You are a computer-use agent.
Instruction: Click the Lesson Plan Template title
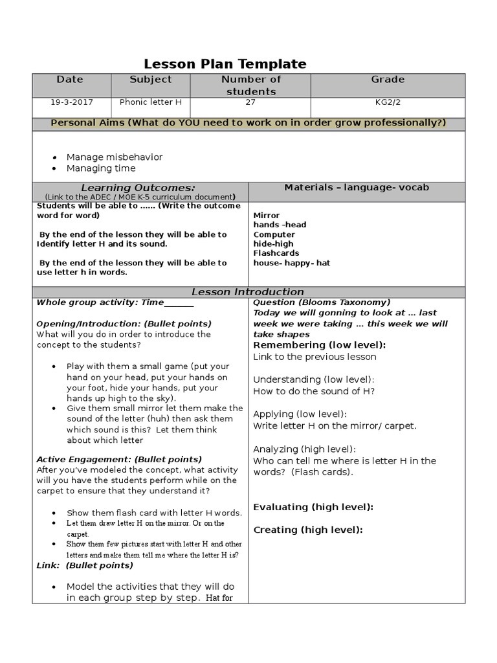pyautogui.click(x=225, y=63)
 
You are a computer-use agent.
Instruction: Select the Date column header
pyautogui.click(x=70, y=80)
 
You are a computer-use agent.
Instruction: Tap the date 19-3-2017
pyautogui.click(x=71, y=102)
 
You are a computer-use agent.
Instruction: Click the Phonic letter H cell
pyautogui.click(x=151, y=102)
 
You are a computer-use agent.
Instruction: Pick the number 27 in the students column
pyautogui.click(x=250, y=102)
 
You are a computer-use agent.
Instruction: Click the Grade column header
pyautogui.click(x=388, y=80)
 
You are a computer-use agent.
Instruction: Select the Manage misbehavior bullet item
pyautogui.click(x=115, y=157)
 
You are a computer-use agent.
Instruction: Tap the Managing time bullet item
pyautogui.click(x=101, y=168)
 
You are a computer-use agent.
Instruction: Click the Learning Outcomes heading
pyautogui.click(x=140, y=187)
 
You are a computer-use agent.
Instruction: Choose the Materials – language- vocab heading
pyautogui.click(x=357, y=187)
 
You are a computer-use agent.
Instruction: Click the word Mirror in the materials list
pyautogui.click(x=267, y=215)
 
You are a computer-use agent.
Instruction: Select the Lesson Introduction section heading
pyautogui.click(x=249, y=292)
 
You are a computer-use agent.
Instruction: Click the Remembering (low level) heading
pyautogui.click(x=319, y=345)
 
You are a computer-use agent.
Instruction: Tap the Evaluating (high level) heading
pyautogui.click(x=313, y=507)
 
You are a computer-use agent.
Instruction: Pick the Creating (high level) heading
pyautogui.click(x=308, y=530)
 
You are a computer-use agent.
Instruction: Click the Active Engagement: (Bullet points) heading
pyautogui.click(x=119, y=459)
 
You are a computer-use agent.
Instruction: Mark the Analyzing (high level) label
pyautogui.click(x=304, y=449)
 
